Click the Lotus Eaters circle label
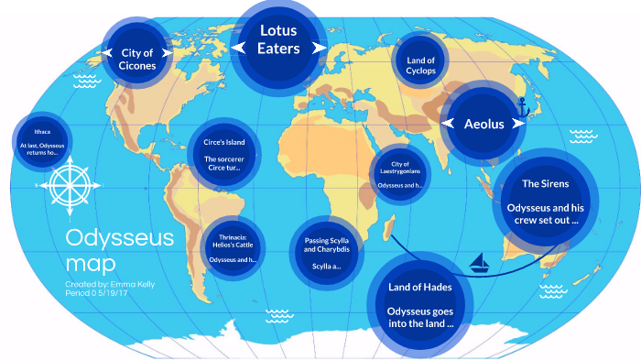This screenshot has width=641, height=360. (x=278, y=39)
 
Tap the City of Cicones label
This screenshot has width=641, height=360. (x=136, y=59)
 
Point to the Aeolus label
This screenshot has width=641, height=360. (x=483, y=124)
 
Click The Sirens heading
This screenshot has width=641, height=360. (x=544, y=185)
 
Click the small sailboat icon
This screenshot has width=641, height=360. (x=479, y=267)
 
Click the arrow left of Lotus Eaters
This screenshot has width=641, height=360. (x=237, y=48)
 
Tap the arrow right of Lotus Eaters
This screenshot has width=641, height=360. (x=320, y=48)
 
